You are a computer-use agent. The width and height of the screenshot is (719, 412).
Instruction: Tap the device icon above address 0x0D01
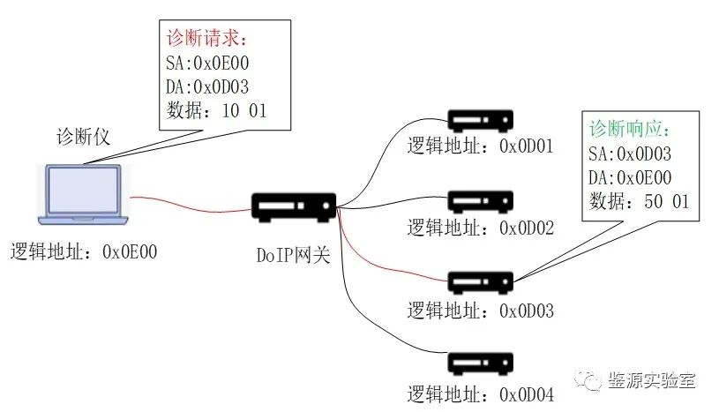pos(480,120)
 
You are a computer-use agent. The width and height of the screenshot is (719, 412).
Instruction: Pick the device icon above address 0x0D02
pos(480,201)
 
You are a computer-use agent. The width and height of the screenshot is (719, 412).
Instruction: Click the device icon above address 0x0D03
pos(480,281)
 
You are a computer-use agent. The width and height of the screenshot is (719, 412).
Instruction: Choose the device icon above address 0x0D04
pos(480,363)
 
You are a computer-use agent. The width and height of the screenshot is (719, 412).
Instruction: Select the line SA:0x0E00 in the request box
pos(208,64)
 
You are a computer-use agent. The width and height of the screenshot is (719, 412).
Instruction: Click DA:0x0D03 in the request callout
pos(208,87)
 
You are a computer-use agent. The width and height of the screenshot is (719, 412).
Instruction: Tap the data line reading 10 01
pos(215,110)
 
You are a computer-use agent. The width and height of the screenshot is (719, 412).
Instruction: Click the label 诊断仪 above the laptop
pos(83,139)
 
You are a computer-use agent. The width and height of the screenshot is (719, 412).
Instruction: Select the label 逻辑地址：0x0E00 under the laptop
pos(83,251)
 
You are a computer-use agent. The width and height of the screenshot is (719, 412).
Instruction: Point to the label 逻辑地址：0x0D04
pos(480,393)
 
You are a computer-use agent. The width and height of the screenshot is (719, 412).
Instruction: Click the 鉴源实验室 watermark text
pos(653,381)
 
